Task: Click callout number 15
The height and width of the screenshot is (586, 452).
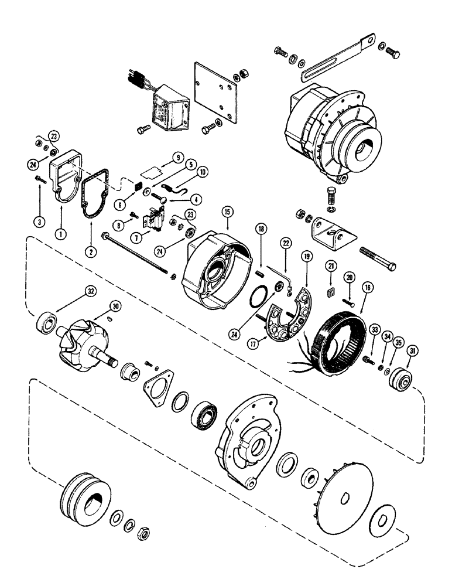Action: [x=228, y=212]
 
